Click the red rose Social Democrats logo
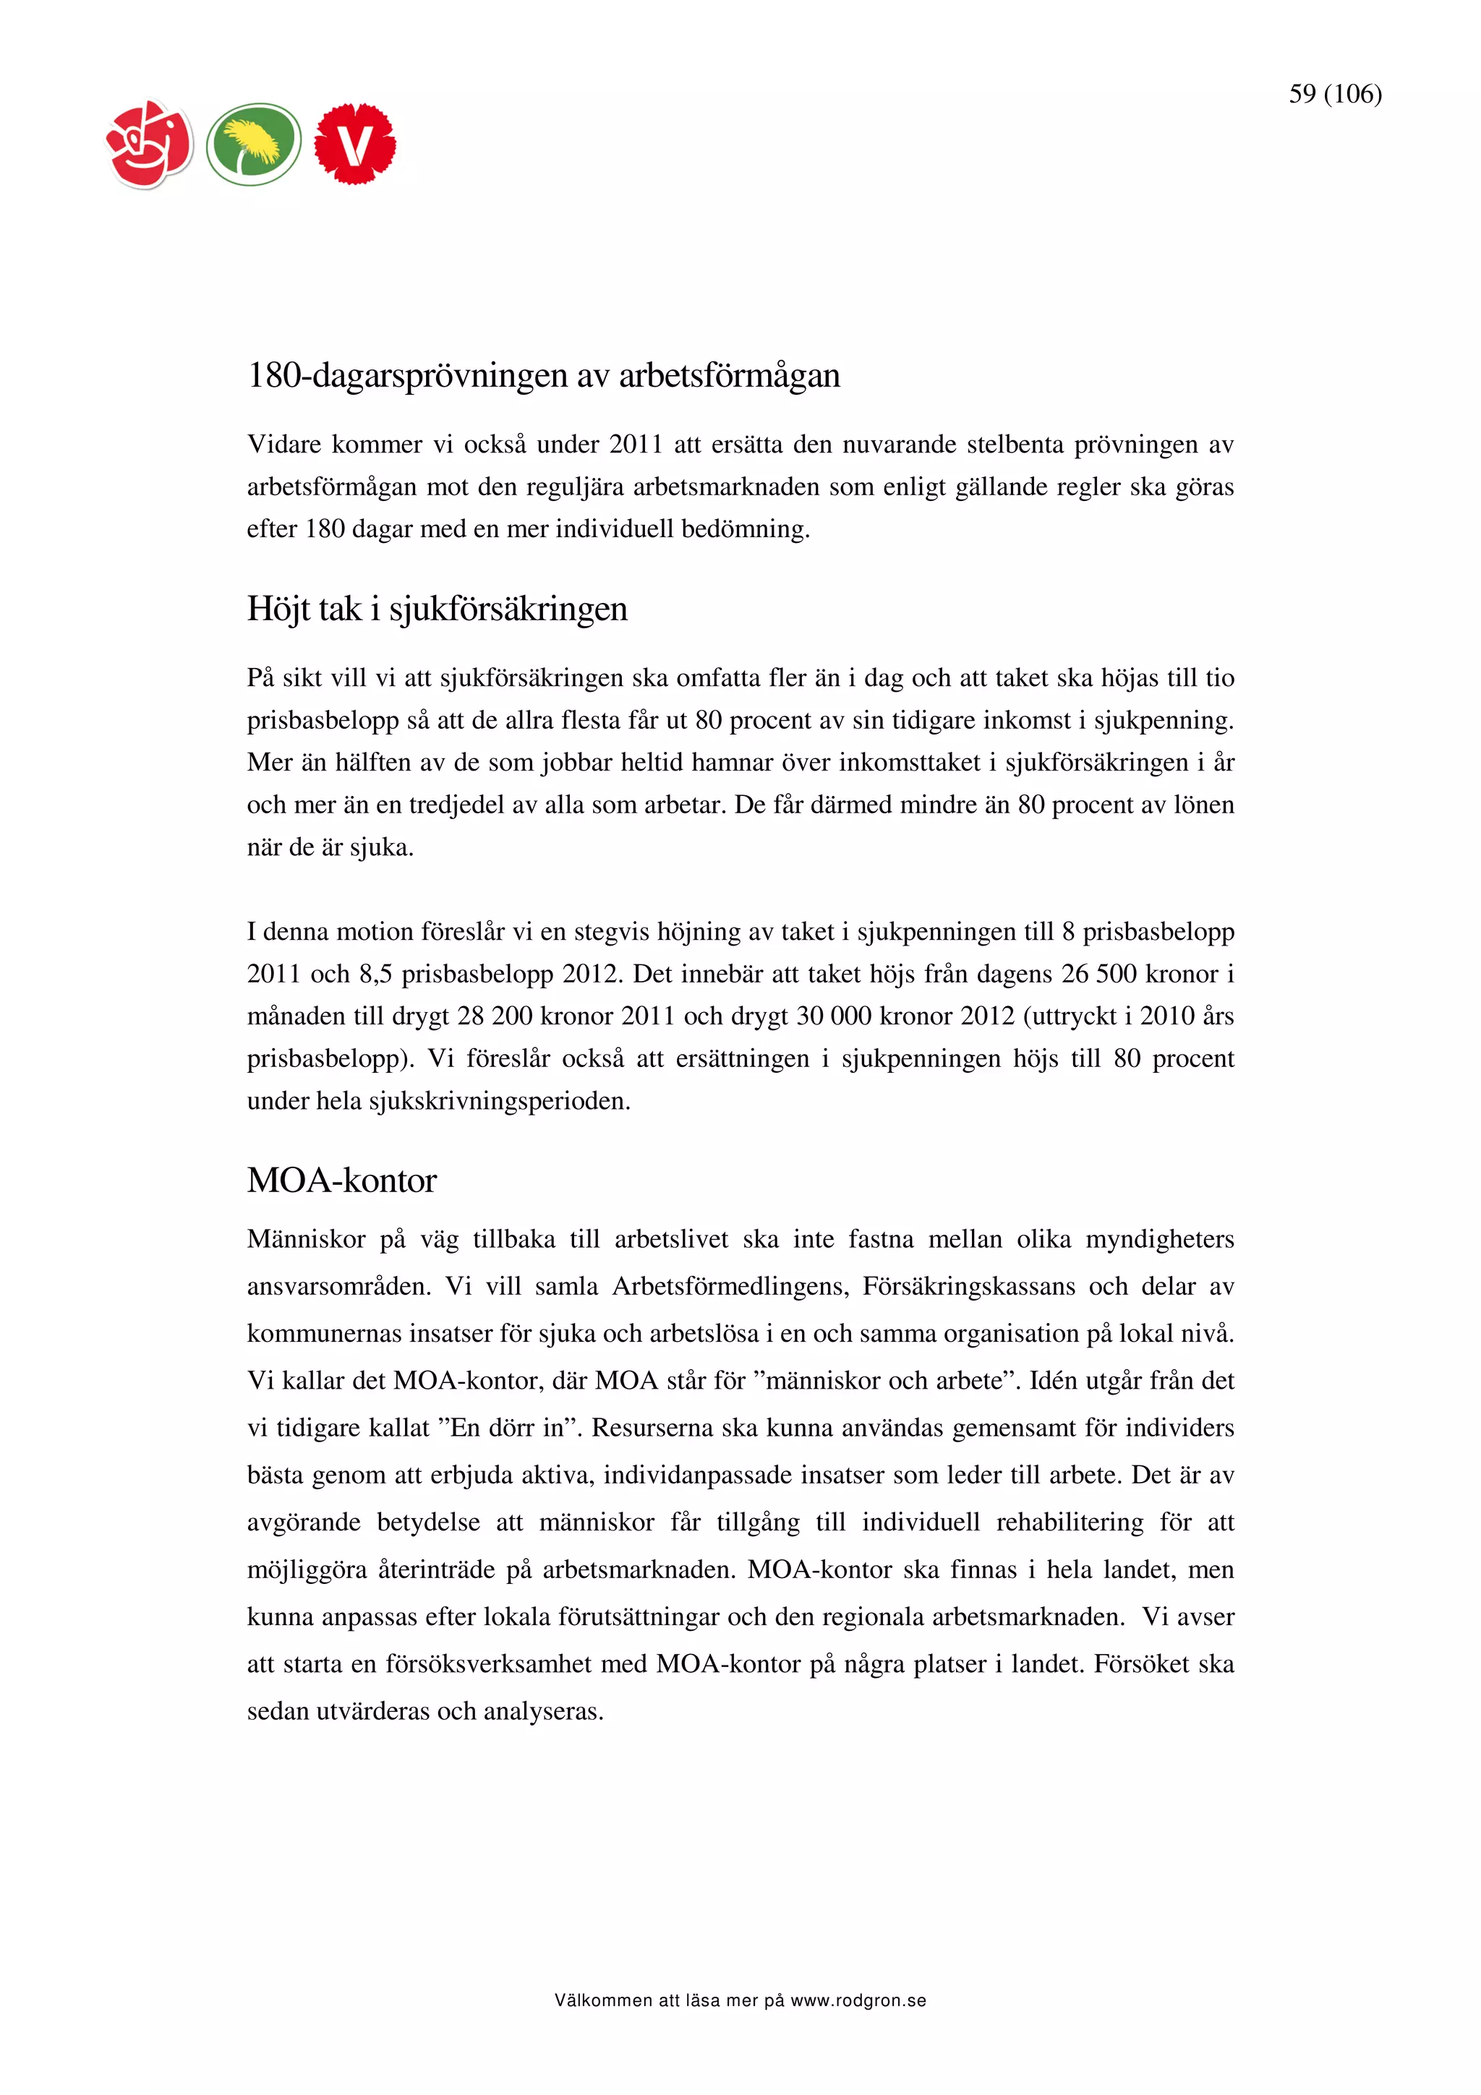(x=150, y=144)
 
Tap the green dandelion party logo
(x=253, y=144)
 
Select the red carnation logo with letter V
(x=355, y=144)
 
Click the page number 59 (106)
(x=1334, y=94)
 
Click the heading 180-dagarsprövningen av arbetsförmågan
(x=543, y=375)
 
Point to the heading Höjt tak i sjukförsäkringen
(x=437, y=609)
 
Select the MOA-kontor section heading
(x=341, y=1180)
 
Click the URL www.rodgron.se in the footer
(x=858, y=2001)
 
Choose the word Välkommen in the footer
(x=603, y=2001)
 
